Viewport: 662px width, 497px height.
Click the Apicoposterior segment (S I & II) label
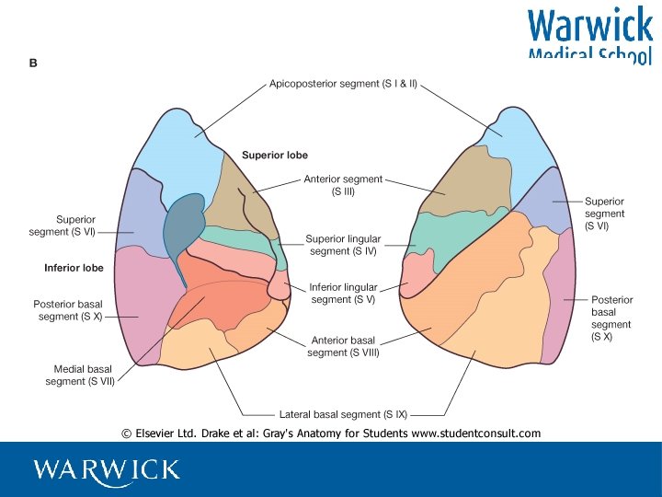tap(343, 84)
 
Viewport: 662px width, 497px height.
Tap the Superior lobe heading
tap(275, 156)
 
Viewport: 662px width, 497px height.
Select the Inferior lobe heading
tap(74, 269)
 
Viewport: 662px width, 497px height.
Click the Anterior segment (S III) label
tap(343, 186)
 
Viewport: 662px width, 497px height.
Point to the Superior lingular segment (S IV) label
tap(343, 245)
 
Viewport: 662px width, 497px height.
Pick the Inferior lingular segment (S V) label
tap(343, 294)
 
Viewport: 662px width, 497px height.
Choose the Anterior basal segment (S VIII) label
tap(343, 346)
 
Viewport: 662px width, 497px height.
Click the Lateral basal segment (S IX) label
tap(343, 414)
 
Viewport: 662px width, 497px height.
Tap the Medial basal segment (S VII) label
tap(80, 376)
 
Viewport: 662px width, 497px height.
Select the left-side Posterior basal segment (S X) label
tap(70, 310)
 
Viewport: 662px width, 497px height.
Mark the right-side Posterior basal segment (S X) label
tap(611, 318)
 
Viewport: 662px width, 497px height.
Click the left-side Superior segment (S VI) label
tap(63, 225)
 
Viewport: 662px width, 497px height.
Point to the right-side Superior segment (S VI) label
tap(604, 213)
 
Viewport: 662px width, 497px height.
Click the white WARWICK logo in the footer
tap(107, 470)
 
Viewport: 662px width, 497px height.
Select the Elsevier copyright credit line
tap(331, 433)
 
